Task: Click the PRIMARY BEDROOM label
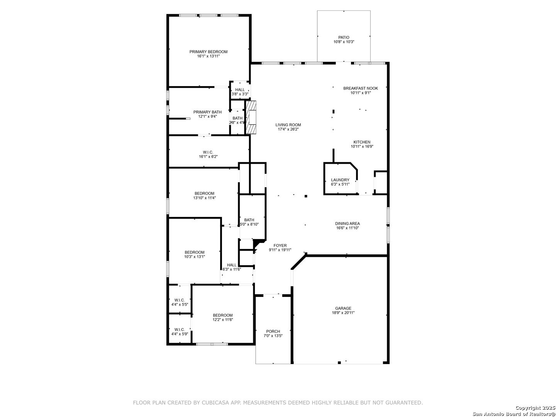tap(208, 52)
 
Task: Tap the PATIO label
tap(344, 37)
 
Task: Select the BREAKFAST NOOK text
tap(361, 88)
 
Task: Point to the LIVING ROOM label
tap(288, 125)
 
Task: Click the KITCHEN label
tap(362, 142)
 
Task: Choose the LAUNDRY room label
tap(340, 180)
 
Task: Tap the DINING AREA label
tap(347, 224)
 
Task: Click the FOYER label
tap(280, 246)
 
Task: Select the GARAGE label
tap(343, 309)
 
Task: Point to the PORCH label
tap(273, 331)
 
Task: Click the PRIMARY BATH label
tap(207, 112)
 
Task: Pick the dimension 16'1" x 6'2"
tap(208, 157)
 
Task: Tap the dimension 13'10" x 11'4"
tap(204, 198)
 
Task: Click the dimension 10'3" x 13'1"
tap(194, 257)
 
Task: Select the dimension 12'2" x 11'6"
tap(222, 320)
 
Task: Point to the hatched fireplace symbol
tap(251, 117)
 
